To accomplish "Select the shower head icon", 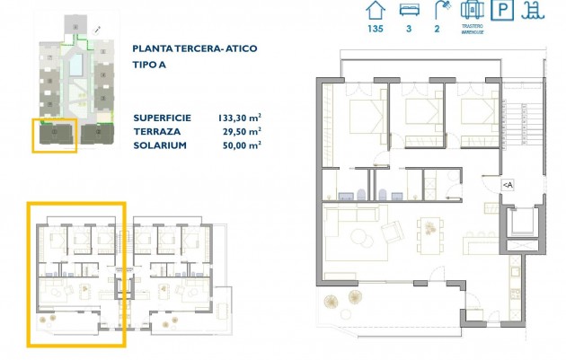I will (440, 11).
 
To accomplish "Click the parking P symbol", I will (506, 12).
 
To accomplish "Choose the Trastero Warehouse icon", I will (473, 11).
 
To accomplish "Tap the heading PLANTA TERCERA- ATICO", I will (192, 50).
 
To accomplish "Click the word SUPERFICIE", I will (163, 118).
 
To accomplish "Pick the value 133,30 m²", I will (240, 118).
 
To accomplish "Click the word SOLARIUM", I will (160, 145).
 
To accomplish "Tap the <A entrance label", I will (508, 184).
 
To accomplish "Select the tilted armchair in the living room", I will (394, 233).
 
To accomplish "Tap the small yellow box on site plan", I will (55, 135).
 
